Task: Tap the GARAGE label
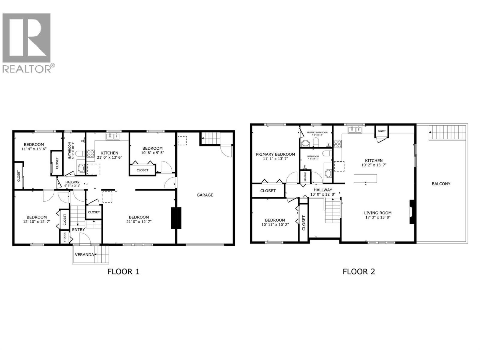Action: (x=205, y=195)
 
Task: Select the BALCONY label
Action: (x=441, y=184)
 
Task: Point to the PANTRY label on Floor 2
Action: (x=382, y=131)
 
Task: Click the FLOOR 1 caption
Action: (x=123, y=272)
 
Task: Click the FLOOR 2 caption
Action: (x=359, y=272)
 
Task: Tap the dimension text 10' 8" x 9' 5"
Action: (x=152, y=153)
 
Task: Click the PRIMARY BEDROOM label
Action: (x=275, y=154)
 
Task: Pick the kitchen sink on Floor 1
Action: (x=113, y=137)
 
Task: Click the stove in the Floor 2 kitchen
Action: (x=338, y=144)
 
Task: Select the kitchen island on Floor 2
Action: (x=365, y=178)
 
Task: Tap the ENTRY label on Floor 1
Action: (x=78, y=229)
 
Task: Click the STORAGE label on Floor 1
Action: (x=64, y=237)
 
